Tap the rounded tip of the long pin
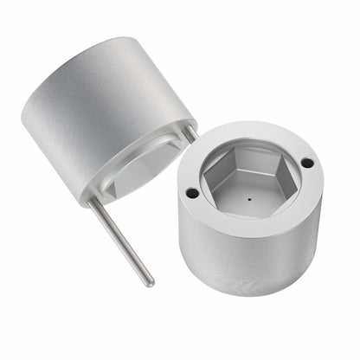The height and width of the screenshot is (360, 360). click(150, 282)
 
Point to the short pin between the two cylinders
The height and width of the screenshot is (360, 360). click(188, 134)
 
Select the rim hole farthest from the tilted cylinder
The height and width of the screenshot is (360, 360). click(306, 162)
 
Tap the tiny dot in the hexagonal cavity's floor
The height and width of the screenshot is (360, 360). click(250, 198)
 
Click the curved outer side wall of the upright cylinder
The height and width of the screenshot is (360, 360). click(251, 260)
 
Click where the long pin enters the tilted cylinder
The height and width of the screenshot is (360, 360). click(90, 202)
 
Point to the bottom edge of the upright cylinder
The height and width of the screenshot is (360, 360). click(251, 292)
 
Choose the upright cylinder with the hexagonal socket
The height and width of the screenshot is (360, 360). click(251, 216)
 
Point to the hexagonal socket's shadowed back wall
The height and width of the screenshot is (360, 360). click(247, 160)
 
